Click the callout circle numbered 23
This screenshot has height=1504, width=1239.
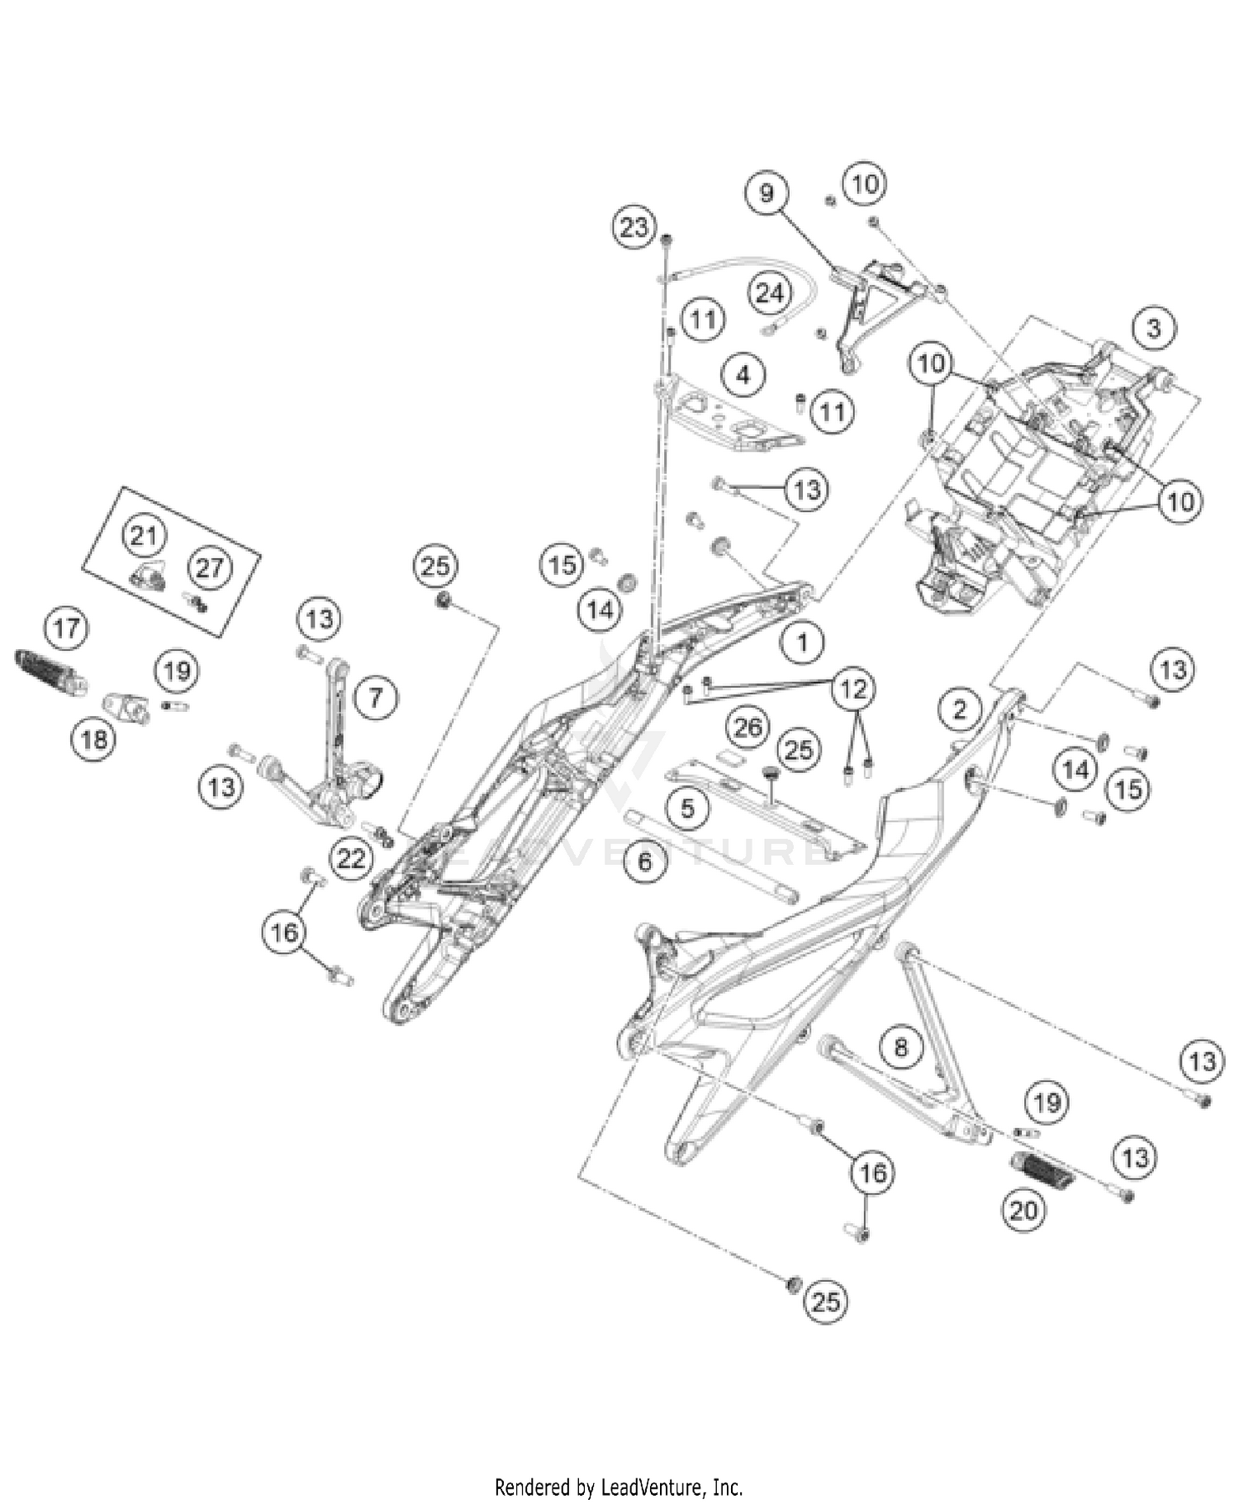click(x=634, y=226)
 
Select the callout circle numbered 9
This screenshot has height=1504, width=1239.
click(x=767, y=192)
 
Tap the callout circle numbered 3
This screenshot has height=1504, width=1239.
click(x=1153, y=328)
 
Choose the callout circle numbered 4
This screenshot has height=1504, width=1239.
click(x=743, y=375)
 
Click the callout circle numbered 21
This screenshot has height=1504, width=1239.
click(x=144, y=535)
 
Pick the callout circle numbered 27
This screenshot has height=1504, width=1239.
click(x=210, y=567)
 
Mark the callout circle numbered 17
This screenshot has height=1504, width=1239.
click(x=67, y=628)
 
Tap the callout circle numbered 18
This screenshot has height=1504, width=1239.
click(x=93, y=738)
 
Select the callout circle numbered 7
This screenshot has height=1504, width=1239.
click(x=376, y=698)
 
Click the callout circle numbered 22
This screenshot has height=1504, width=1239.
click(x=351, y=858)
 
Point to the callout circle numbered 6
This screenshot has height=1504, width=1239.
click(x=645, y=861)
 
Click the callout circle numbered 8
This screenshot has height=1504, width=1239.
click(x=901, y=1047)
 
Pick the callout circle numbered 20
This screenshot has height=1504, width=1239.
click(x=1023, y=1211)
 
